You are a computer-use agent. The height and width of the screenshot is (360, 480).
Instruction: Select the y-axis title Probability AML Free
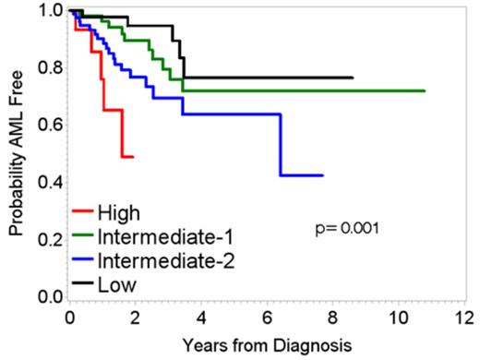[16, 152]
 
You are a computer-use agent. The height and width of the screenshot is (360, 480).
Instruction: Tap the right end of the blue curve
[322, 175]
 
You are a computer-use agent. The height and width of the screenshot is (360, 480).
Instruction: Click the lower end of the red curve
[133, 157]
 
